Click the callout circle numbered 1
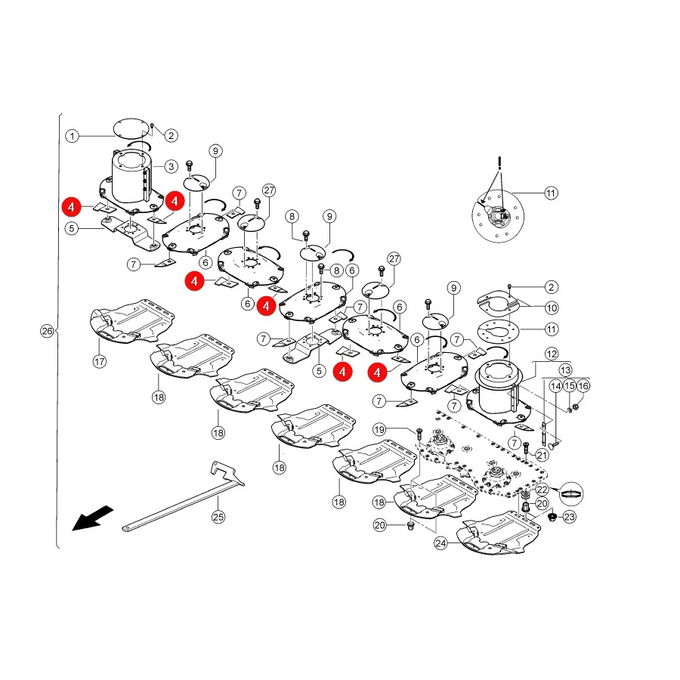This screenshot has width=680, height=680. (x=72, y=136)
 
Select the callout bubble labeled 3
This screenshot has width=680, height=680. (x=172, y=166)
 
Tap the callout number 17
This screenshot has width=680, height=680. (x=100, y=361)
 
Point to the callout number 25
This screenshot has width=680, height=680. (x=218, y=517)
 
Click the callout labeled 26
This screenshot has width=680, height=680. (x=47, y=332)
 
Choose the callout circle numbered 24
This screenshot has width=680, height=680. (x=440, y=543)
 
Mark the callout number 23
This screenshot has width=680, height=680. (x=570, y=517)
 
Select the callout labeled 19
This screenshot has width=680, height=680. (x=379, y=429)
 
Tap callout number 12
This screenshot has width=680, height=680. (x=552, y=354)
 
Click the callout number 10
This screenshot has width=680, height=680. (x=552, y=308)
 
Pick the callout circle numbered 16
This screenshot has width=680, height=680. (x=583, y=385)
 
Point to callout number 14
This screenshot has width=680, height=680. (x=556, y=385)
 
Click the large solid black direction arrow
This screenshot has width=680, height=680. (x=92, y=518)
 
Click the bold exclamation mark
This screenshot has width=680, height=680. (x=499, y=163)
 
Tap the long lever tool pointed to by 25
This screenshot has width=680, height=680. (x=184, y=496)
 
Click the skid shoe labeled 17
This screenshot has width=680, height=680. (x=132, y=321)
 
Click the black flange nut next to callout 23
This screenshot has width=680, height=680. (x=552, y=517)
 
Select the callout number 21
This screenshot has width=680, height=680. (x=542, y=455)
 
